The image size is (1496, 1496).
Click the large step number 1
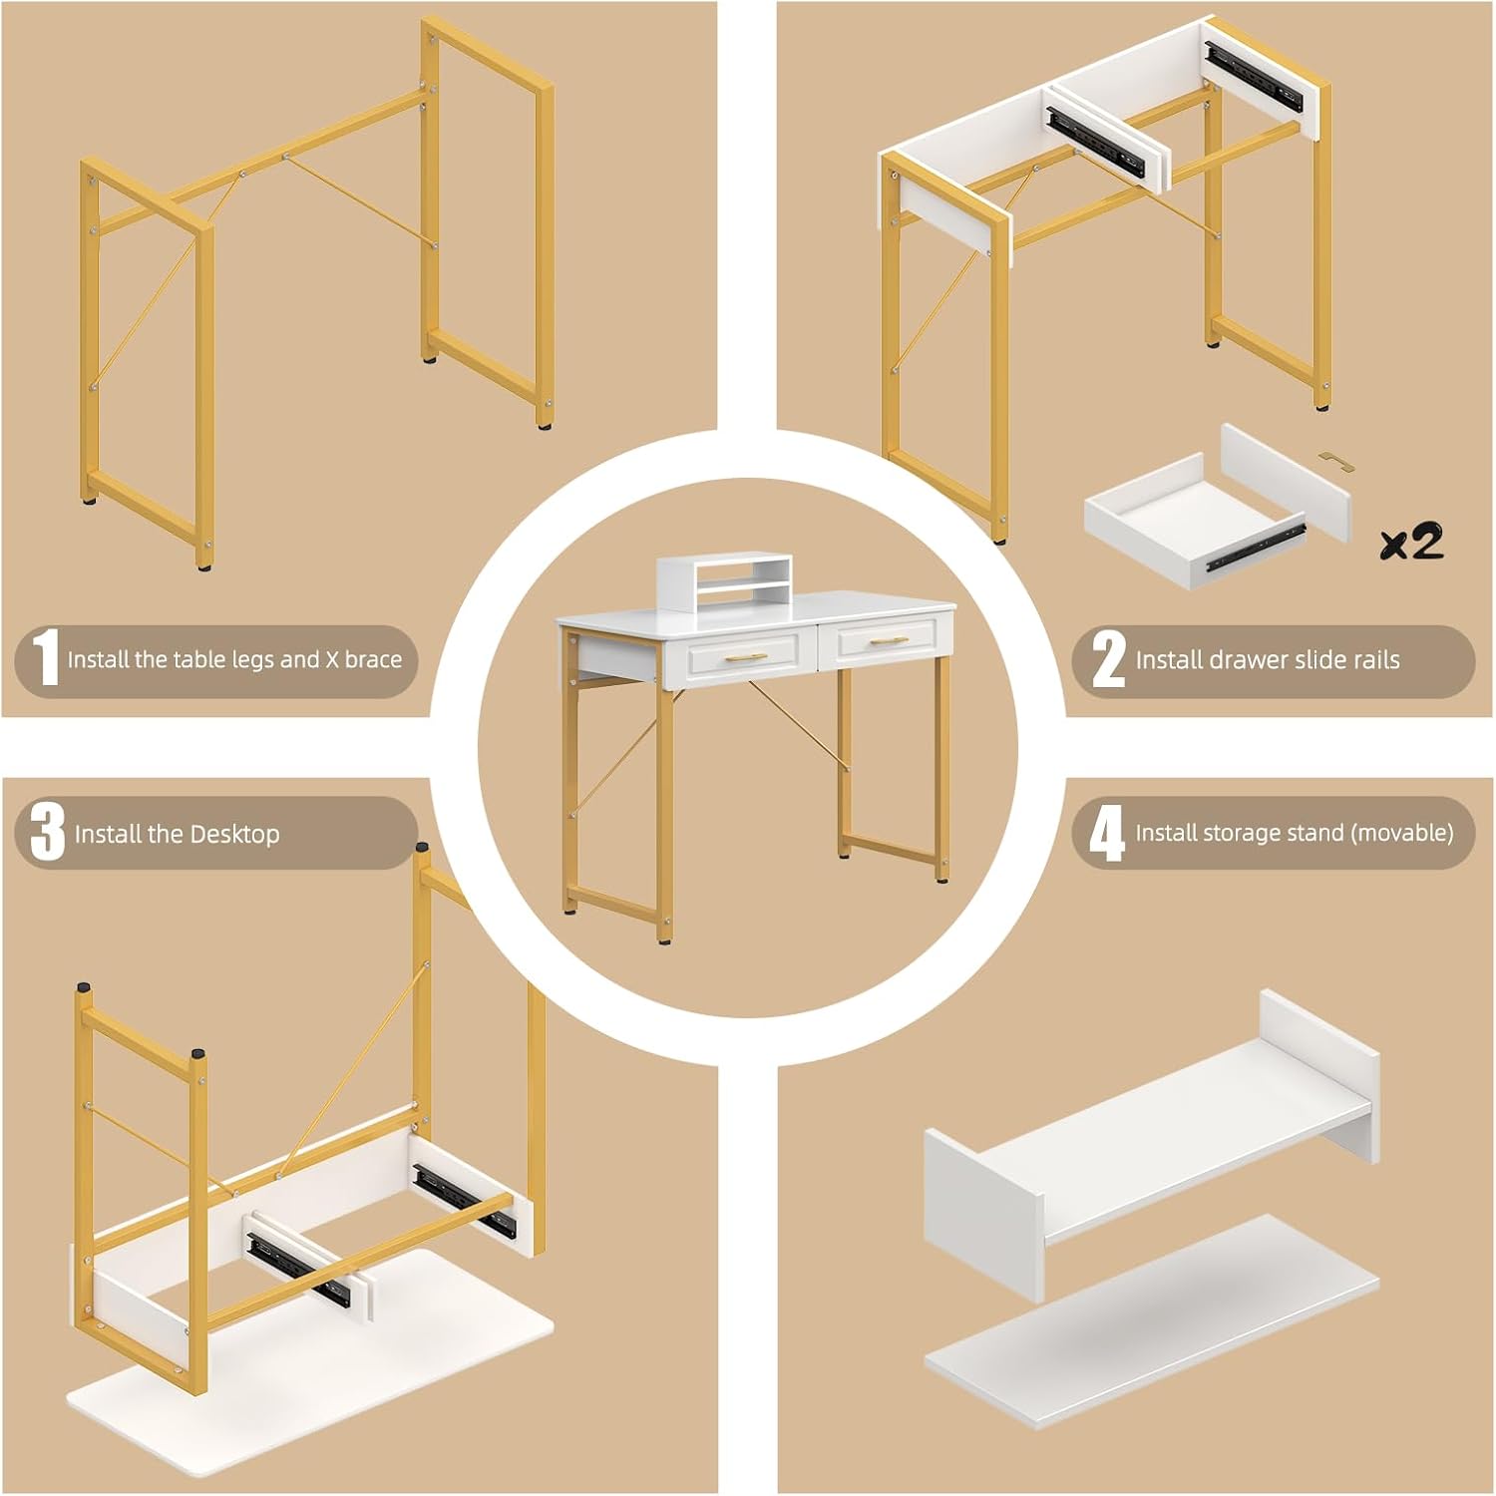(x=46, y=658)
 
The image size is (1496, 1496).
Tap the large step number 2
(x=1109, y=659)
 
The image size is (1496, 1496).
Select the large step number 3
(x=47, y=832)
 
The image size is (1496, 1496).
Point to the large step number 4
(x=1106, y=834)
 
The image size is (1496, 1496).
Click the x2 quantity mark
(x=1411, y=542)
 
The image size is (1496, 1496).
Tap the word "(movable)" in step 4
(x=1401, y=833)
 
